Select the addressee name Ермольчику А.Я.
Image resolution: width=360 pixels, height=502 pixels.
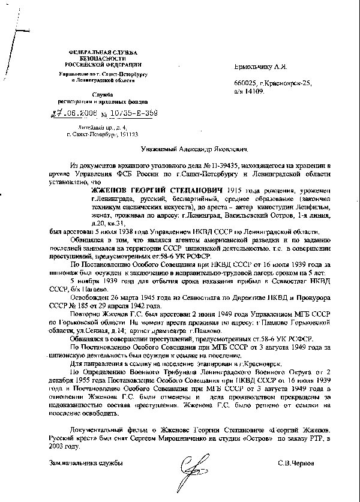[259, 69]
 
